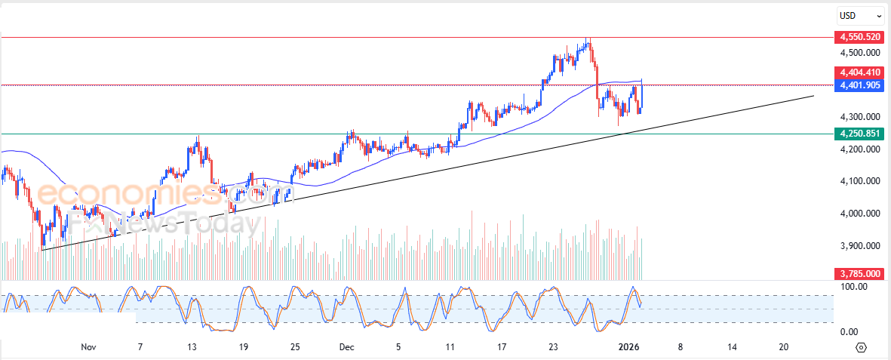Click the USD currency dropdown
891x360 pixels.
[859, 15]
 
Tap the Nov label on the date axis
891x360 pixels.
[88, 347]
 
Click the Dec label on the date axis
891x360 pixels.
[346, 347]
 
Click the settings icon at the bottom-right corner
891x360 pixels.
[862, 347]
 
